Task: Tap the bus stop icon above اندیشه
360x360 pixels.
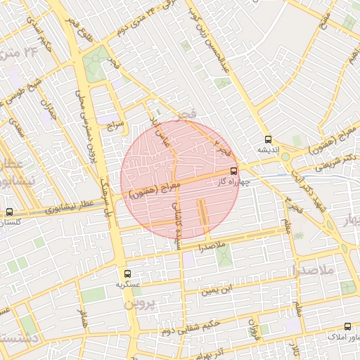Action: [x=267, y=139]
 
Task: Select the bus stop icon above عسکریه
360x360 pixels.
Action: [x=127, y=274]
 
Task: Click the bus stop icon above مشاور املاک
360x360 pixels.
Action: [x=347, y=326]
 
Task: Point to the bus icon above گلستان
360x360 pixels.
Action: [x=9, y=212]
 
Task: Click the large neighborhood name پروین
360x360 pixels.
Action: [x=138, y=304]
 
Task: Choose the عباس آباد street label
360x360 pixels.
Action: [x=161, y=131]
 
